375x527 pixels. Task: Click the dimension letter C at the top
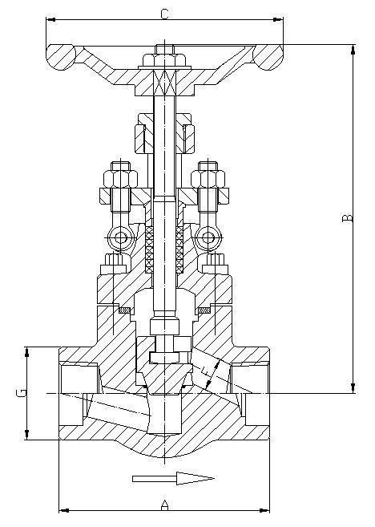pos(164,14)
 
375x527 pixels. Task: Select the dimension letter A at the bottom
pos(164,505)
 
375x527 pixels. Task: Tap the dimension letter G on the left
pos(21,392)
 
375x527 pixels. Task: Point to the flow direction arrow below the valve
pos(173,478)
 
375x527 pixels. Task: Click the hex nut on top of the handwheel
pos(164,60)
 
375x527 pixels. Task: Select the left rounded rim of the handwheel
pos(61,57)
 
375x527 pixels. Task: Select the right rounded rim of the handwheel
pos(268,57)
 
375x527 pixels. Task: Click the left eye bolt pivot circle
pos(120,237)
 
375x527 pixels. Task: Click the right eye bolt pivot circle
pos(208,237)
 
